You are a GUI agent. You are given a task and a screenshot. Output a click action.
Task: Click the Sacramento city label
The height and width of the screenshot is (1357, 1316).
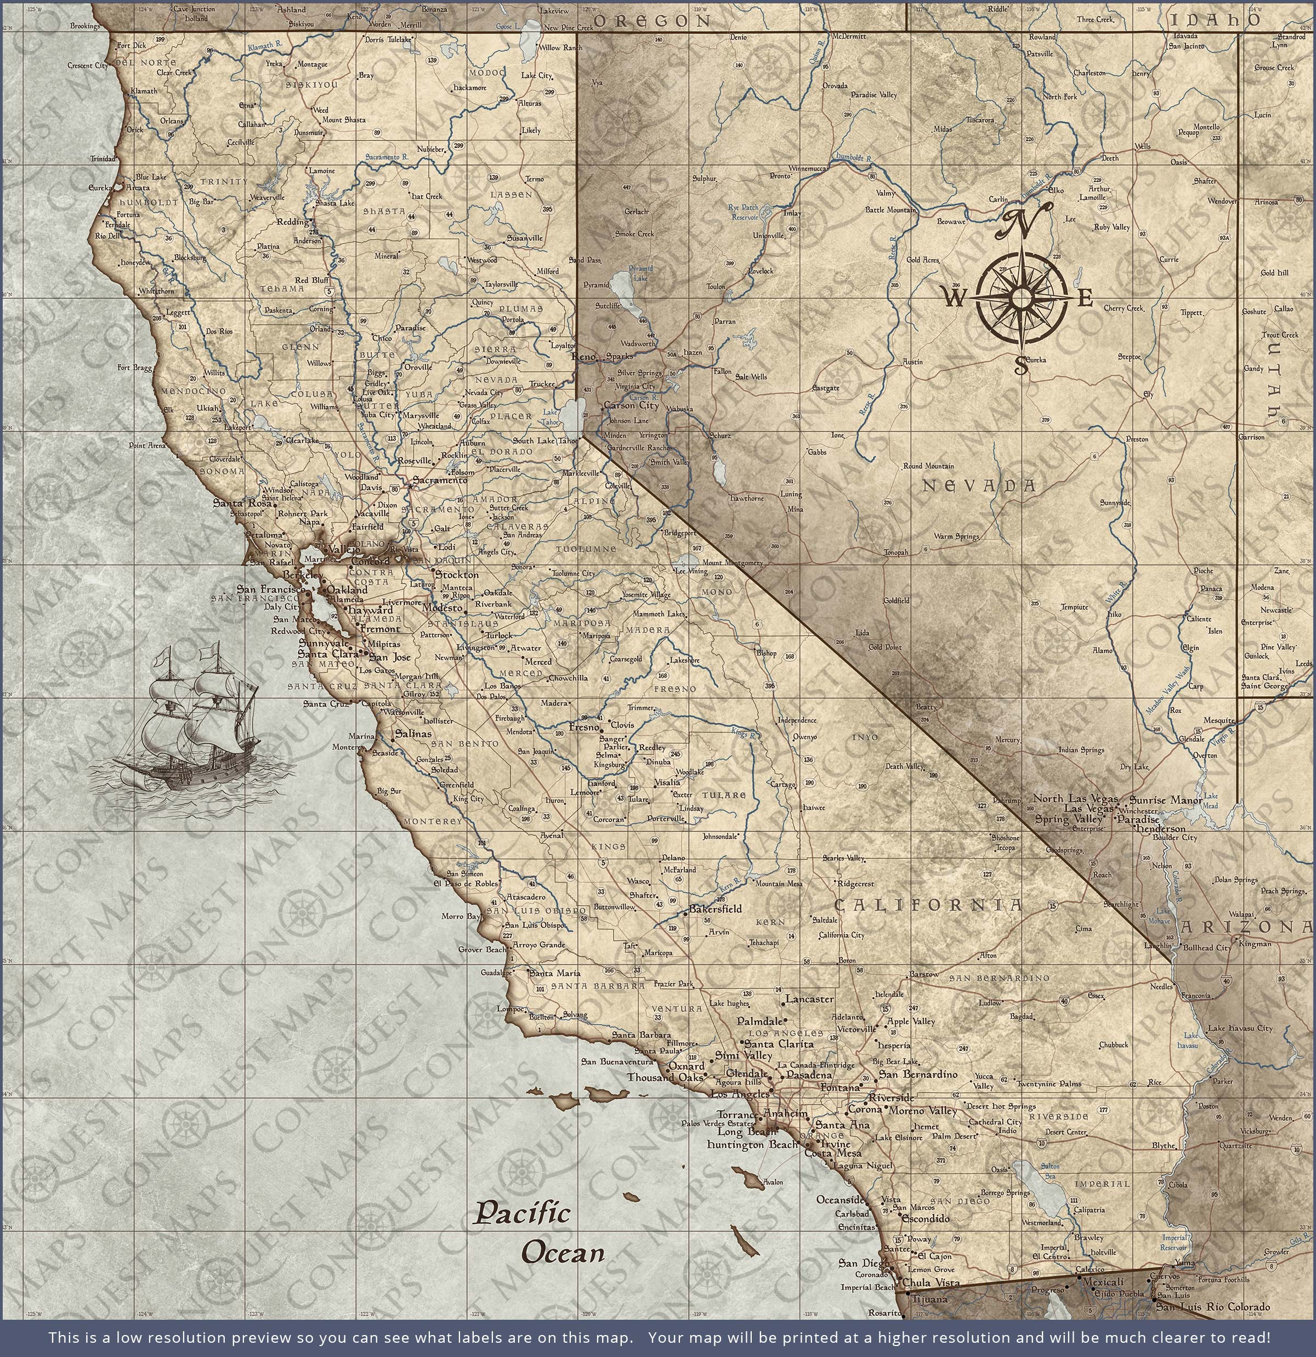click(x=440, y=480)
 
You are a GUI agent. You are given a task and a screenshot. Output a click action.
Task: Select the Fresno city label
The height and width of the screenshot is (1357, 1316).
click(x=583, y=728)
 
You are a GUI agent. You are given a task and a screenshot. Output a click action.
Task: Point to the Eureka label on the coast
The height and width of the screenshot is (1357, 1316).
click(x=99, y=188)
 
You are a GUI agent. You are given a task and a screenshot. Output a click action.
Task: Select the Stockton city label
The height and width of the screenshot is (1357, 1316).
click(x=456, y=575)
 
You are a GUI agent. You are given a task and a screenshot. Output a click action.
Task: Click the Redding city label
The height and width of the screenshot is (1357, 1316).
click(x=292, y=222)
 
